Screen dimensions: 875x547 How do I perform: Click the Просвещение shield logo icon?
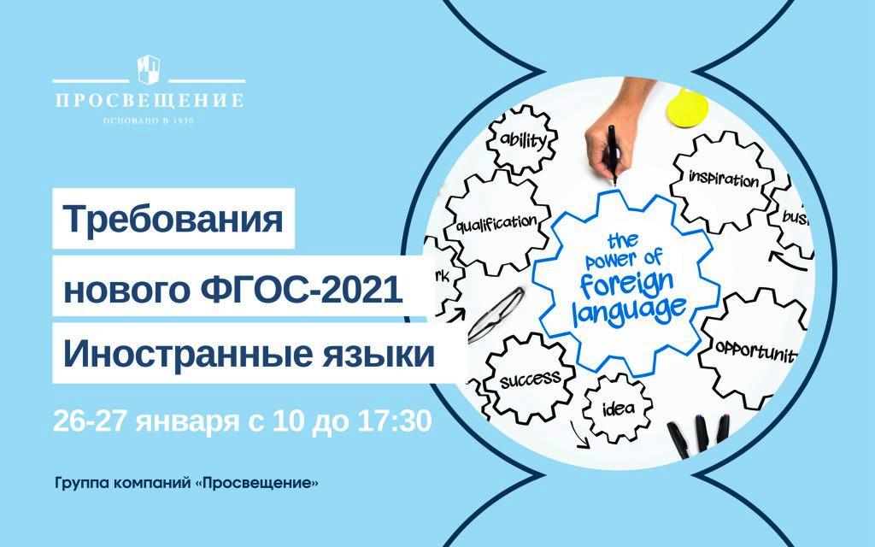(149, 70)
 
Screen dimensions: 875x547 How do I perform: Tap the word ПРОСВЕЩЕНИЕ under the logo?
(150, 101)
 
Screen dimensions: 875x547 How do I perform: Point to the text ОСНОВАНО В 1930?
(149, 121)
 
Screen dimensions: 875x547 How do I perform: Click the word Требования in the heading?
(173, 219)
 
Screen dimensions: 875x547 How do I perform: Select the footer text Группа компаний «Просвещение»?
(187, 483)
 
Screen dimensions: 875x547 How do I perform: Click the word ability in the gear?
(523, 139)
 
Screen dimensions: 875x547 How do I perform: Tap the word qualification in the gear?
(496, 224)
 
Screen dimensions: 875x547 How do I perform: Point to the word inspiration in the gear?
(723, 179)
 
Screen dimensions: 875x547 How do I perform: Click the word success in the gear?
(530, 379)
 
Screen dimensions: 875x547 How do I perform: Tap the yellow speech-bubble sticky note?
(687, 105)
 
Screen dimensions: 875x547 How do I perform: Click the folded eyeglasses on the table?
(496, 315)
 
